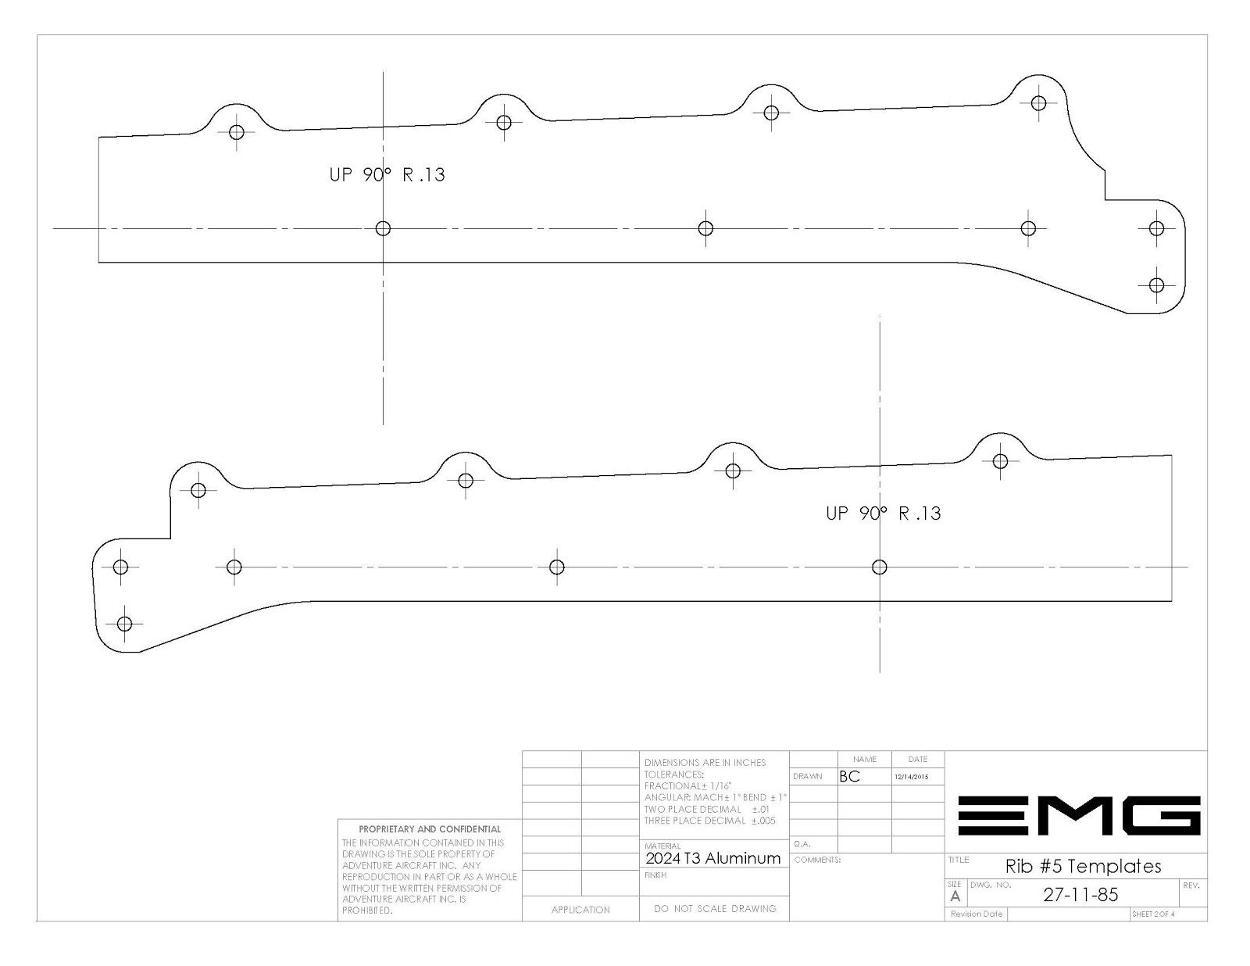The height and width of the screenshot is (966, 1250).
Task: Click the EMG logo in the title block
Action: [x=1079, y=815]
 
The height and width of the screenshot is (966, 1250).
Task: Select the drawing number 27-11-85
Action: [x=1081, y=895]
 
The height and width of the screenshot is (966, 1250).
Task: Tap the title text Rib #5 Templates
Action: [x=1083, y=866]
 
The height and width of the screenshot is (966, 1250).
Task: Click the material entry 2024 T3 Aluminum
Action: [x=712, y=858]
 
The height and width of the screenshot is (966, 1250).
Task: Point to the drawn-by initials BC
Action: [x=849, y=776]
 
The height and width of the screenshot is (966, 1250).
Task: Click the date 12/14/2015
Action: [x=912, y=777]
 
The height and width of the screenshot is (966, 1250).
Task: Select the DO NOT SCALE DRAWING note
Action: [x=715, y=908]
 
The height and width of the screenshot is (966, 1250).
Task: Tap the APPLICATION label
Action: [x=580, y=910]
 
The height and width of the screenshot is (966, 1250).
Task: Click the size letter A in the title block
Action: [x=955, y=896]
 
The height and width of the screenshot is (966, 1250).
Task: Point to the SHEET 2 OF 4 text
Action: [x=1153, y=914]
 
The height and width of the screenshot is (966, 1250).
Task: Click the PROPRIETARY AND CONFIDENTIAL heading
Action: [x=430, y=829]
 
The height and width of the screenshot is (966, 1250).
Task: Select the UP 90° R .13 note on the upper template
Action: [x=387, y=174]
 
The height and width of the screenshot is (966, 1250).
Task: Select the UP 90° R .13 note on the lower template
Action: [x=884, y=513]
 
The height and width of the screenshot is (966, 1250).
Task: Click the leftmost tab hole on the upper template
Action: [x=237, y=132]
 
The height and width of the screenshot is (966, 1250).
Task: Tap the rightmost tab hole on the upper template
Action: [x=1038, y=103]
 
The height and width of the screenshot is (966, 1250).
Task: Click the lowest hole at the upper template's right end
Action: [x=1156, y=284]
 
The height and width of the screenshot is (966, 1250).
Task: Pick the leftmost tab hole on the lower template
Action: [x=198, y=490]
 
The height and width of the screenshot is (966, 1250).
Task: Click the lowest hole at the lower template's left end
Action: [x=124, y=624]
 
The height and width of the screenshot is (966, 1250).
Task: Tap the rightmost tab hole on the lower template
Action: [x=1000, y=461]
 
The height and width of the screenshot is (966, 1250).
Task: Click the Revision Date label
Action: [x=977, y=914]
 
